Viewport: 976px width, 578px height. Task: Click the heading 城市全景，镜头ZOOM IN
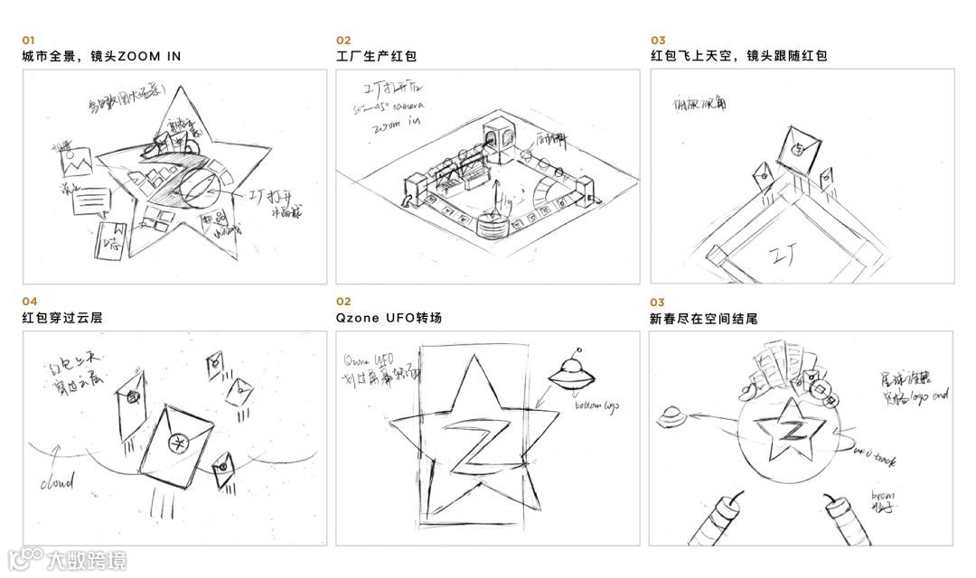click(x=101, y=56)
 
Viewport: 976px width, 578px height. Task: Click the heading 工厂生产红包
click(x=376, y=56)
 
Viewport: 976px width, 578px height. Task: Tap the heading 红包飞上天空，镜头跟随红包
click(x=738, y=56)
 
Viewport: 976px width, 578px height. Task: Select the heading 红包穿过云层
click(x=61, y=318)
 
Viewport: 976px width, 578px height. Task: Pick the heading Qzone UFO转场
click(x=389, y=318)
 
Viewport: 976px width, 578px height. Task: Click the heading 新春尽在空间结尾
click(x=703, y=318)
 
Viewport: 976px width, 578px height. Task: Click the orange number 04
click(x=30, y=302)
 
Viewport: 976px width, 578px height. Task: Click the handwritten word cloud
click(x=56, y=483)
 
